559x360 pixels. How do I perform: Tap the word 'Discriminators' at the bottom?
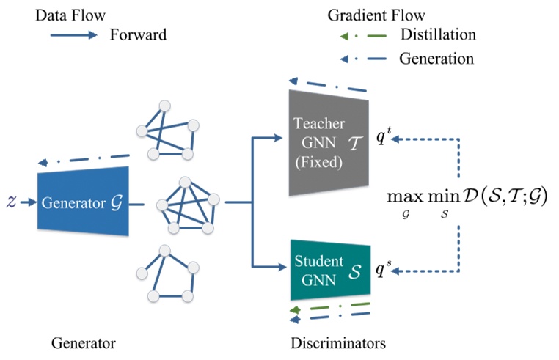click(337, 342)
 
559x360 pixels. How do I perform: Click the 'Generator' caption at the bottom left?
click(84, 342)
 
